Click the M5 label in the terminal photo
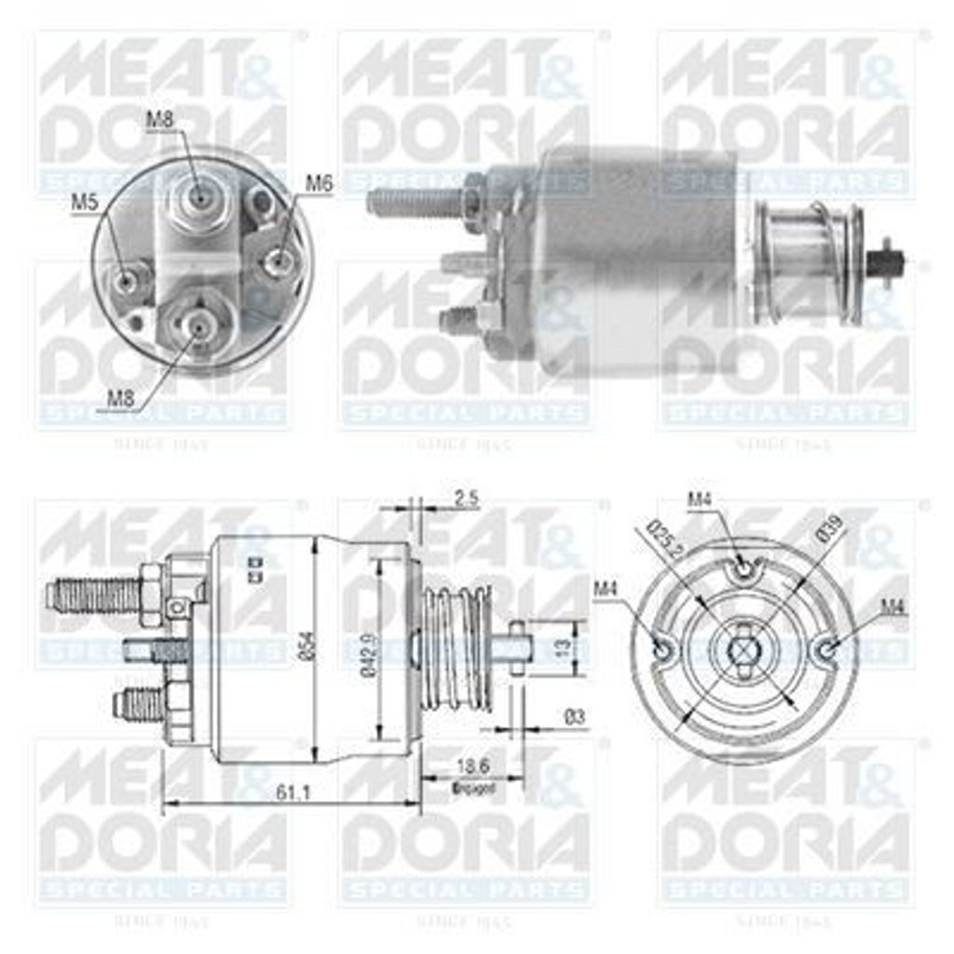coord(86,201)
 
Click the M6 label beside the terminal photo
coord(319,184)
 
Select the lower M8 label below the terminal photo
coord(120,398)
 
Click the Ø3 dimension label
coord(575,716)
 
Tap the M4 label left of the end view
coord(606,588)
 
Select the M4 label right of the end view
coord(893,606)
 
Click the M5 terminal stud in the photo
coord(125,276)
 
